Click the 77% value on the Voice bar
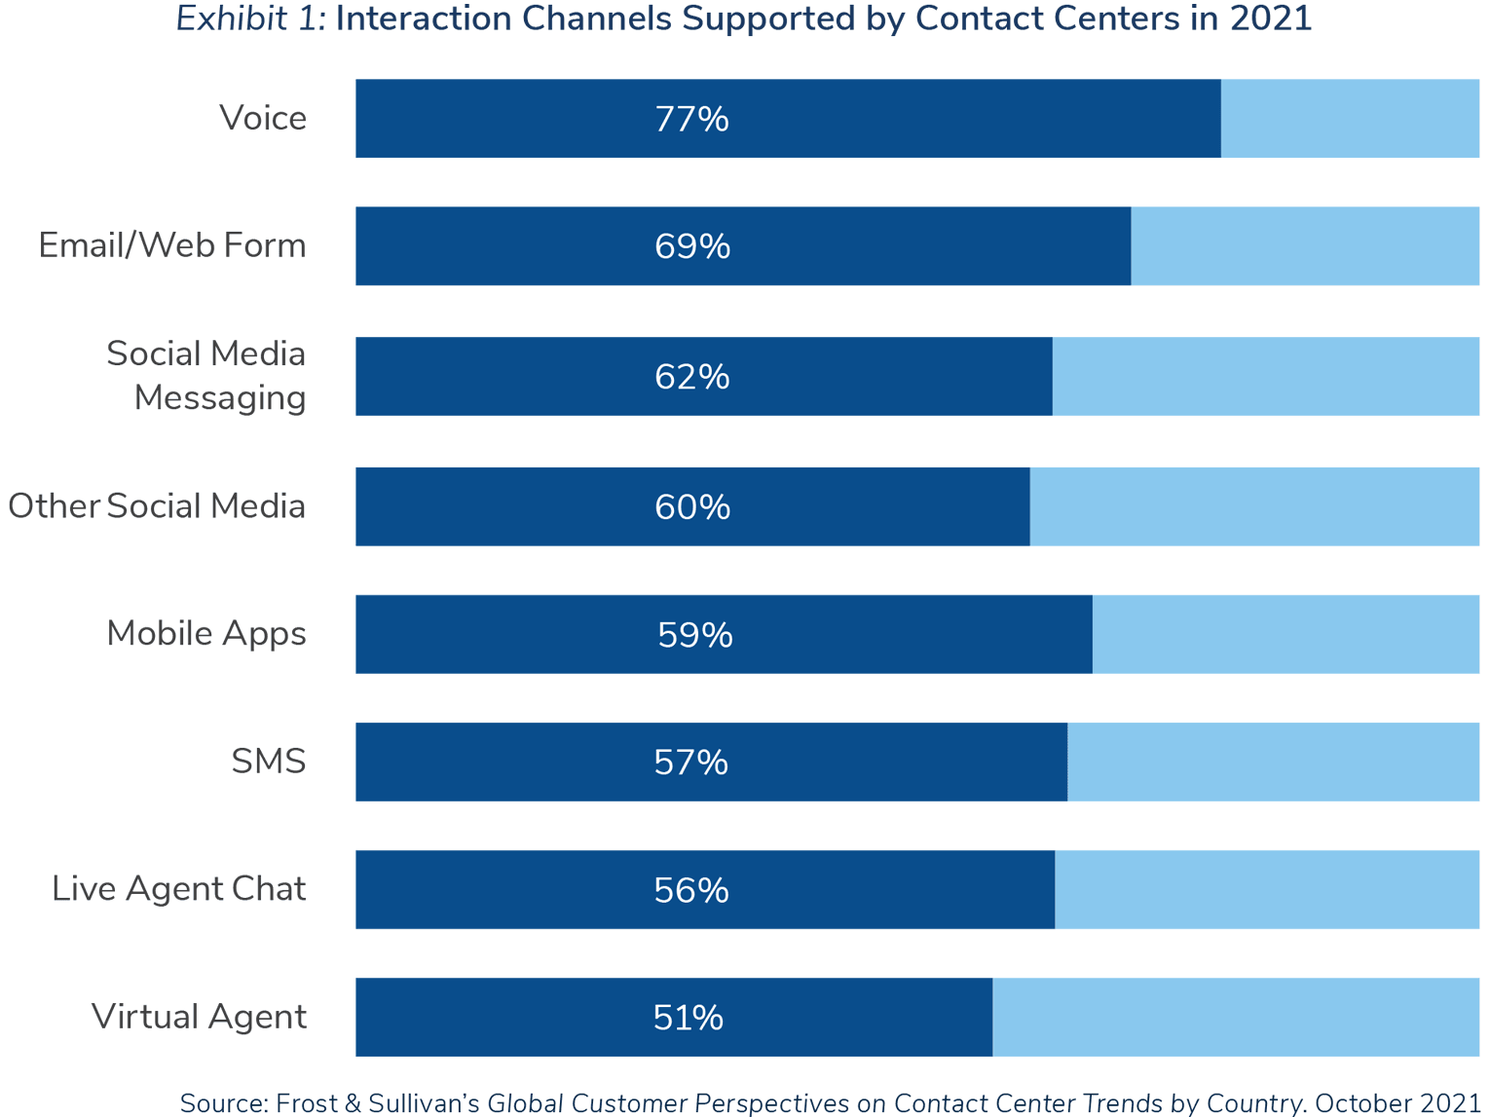point(691,119)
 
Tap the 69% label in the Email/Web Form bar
point(691,246)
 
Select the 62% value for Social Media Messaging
point(691,377)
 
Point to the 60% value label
point(691,507)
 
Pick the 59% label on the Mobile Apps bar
point(694,635)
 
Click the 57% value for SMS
point(690,763)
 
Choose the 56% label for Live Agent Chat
point(691,890)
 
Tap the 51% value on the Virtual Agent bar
point(688,1018)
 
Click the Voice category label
point(263,118)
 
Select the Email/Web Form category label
point(172,245)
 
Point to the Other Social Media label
point(157,506)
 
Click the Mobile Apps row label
point(206,633)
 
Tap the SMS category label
point(269,762)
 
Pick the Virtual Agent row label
point(199,1017)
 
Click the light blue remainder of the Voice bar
point(1350,119)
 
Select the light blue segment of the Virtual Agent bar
point(1236,1018)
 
